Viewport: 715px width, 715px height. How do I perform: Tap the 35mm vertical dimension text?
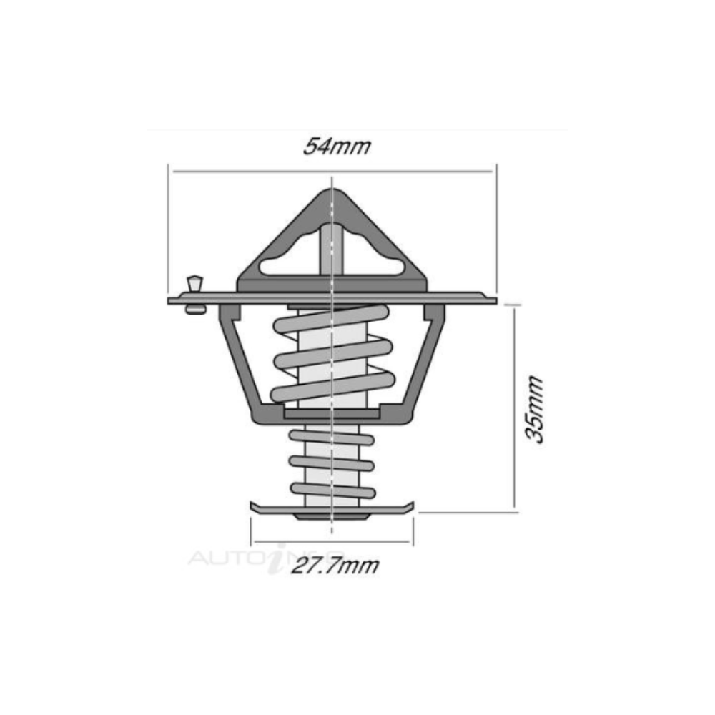(535, 409)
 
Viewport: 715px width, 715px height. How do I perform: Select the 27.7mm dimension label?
(335, 566)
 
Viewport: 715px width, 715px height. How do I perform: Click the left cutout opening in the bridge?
(290, 264)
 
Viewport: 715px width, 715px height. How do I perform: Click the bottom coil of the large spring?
(332, 386)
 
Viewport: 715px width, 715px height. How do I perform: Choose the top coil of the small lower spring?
(332, 436)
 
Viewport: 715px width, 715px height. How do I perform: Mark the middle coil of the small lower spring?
(332, 463)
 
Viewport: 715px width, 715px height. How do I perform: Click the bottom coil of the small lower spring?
(332, 490)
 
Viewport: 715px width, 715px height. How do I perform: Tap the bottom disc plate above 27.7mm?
(332, 510)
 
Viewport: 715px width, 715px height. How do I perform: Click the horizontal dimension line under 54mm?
(332, 172)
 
